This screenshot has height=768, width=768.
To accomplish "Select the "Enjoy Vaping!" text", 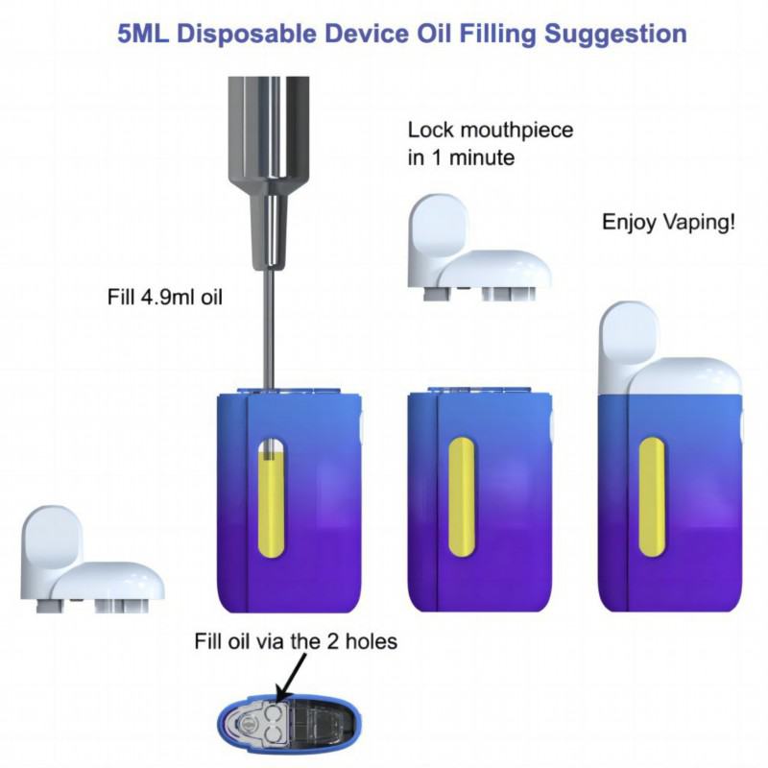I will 669,223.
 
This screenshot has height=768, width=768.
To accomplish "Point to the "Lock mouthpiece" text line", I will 491,131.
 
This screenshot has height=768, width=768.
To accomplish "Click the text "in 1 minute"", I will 462,157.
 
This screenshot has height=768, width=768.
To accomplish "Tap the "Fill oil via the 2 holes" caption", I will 296,641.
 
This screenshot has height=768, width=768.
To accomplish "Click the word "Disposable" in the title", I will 253,34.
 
